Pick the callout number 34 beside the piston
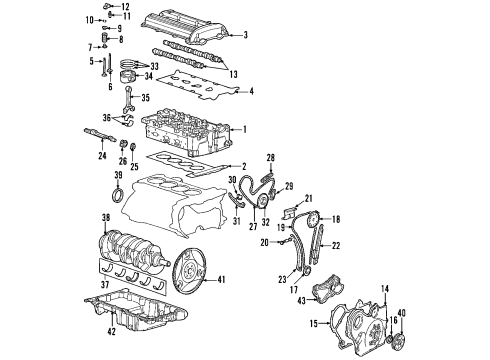pyautogui.click(x=148, y=76)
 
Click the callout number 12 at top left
pyautogui.click(x=126, y=7)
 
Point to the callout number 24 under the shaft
pyautogui.click(x=102, y=155)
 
